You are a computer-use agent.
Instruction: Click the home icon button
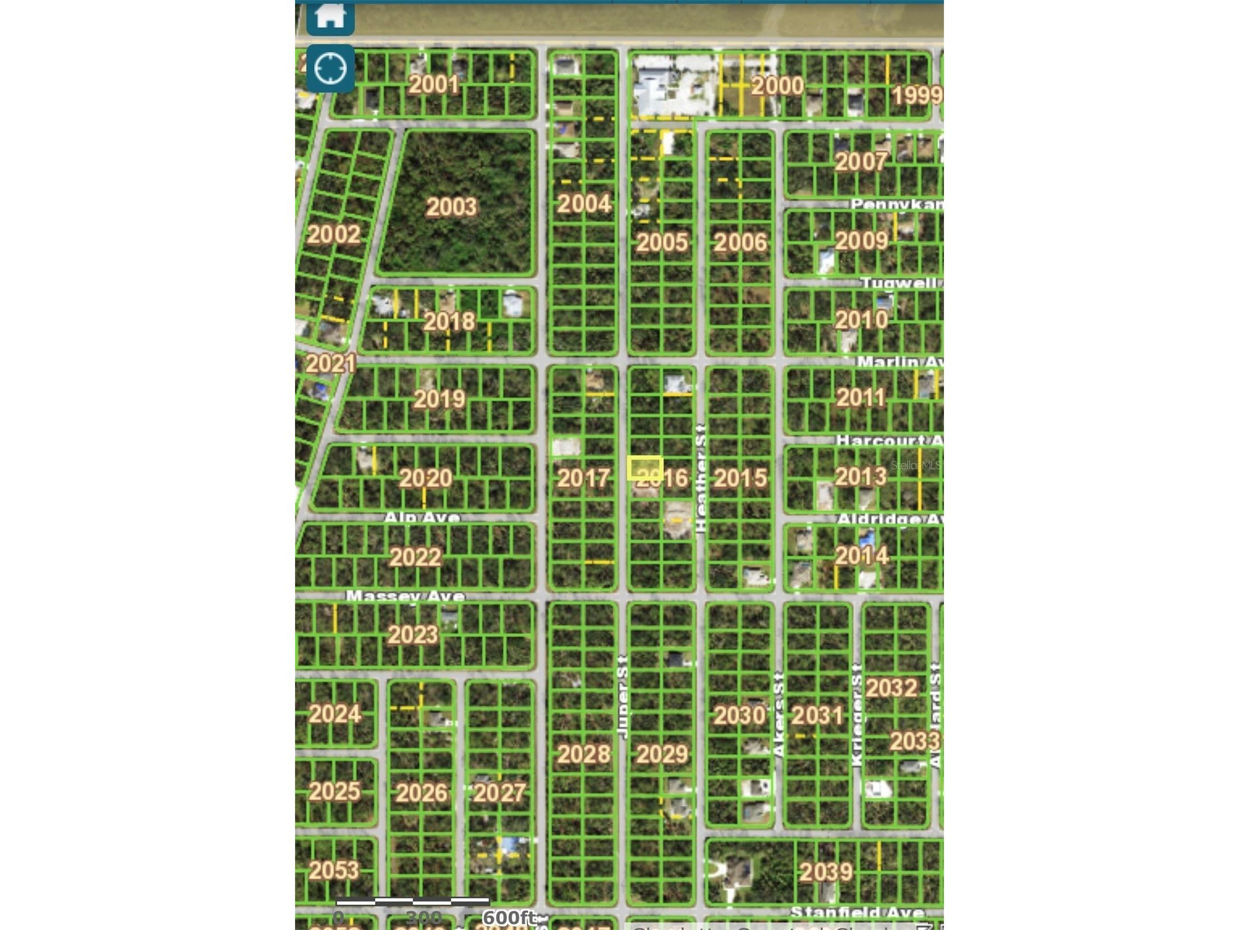tap(330, 17)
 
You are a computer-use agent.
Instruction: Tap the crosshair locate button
tap(330, 68)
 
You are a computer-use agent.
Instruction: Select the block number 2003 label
tap(452, 207)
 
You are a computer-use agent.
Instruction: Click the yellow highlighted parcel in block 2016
tap(645, 468)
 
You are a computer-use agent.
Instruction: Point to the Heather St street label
tap(701, 478)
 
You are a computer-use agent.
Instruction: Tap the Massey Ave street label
tap(405, 595)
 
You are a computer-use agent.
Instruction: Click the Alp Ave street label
tap(422, 517)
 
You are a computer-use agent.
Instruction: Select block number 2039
tap(826, 872)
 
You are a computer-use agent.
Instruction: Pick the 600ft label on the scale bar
tap(508, 918)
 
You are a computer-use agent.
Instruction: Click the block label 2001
tap(434, 85)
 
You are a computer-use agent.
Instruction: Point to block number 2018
tap(449, 322)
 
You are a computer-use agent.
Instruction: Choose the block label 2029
tap(662, 754)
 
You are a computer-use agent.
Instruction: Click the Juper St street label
tap(623, 697)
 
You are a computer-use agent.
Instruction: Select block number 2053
tap(334, 871)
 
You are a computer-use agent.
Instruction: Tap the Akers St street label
tap(779, 714)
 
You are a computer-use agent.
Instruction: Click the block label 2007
tap(861, 162)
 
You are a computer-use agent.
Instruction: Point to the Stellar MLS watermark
tap(915, 465)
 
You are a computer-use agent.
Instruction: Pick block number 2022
tap(415, 557)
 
